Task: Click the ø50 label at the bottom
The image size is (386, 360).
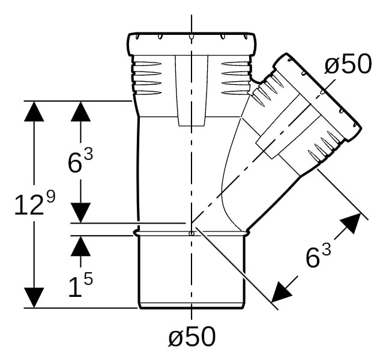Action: pos(192,337)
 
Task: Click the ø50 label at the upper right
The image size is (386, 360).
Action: pos(348,64)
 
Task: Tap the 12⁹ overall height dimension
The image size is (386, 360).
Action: pos(35,204)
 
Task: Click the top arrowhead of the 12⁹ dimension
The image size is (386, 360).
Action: pos(34,111)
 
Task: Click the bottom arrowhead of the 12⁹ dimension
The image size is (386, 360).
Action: pos(34,298)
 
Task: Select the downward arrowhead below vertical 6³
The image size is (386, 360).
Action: pos(80,213)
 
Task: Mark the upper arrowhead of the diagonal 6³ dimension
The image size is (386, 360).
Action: pos(351,223)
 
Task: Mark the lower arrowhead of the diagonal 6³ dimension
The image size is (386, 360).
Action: pos(282,292)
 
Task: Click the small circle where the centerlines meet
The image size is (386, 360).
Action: pos(191,233)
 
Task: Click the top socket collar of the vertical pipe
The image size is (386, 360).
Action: pos(191,44)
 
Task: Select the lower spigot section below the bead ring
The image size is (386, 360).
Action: pos(191,272)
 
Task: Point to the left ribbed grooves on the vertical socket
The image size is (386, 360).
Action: pos(147,78)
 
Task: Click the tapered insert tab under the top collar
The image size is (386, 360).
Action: pos(191,91)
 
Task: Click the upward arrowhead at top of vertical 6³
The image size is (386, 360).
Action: pos(80,111)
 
